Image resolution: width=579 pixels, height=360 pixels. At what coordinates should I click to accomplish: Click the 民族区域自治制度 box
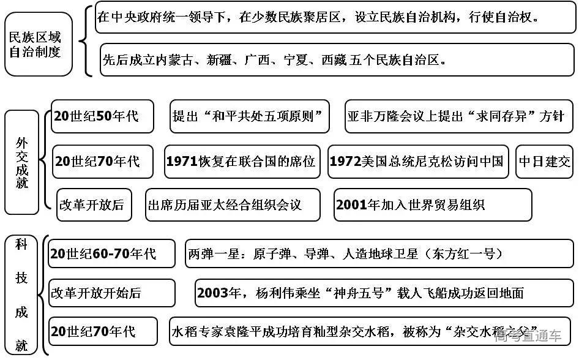39,45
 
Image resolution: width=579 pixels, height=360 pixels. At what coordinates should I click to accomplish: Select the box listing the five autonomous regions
337,61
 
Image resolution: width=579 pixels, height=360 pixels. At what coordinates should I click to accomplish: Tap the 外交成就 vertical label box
23,162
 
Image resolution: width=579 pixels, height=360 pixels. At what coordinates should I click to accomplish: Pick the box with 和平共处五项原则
249,116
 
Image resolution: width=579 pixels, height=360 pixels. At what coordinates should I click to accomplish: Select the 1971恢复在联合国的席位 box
242,162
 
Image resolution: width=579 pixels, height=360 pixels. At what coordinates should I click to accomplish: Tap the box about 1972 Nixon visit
418,162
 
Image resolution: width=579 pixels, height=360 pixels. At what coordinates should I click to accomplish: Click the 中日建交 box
544,162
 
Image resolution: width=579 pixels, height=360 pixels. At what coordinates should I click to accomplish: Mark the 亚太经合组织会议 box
233,205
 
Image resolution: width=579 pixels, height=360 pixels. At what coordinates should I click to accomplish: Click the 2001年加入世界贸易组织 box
432,205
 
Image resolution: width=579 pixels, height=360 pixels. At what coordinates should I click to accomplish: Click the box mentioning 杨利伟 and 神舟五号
383,293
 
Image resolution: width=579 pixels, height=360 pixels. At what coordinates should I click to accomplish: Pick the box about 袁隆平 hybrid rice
370,332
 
